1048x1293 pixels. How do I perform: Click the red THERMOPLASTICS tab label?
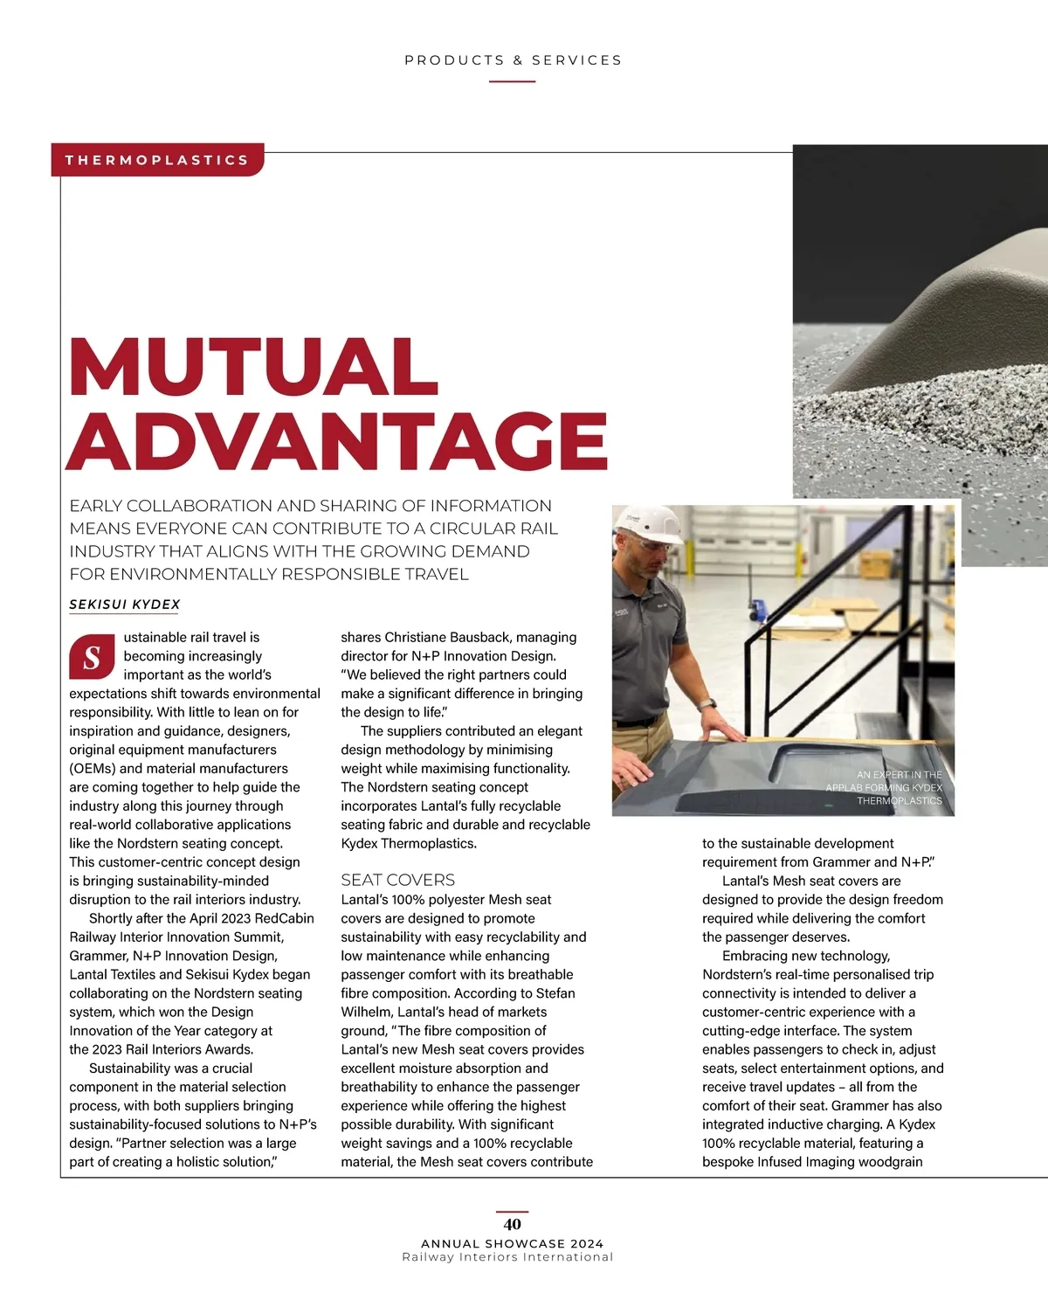coord(157,160)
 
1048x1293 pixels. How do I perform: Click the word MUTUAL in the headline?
coord(253,367)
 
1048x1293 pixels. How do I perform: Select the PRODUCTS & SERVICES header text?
coord(513,60)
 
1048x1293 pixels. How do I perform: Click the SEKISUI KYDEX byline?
coord(125,605)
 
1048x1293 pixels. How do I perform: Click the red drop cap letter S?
coord(92,658)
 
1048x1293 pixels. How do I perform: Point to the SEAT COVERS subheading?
coord(397,880)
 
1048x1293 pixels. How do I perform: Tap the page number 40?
coord(513,1224)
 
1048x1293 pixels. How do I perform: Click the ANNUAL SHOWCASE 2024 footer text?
coord(513,1243)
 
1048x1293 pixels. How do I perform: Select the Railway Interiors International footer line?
coord(507,1257)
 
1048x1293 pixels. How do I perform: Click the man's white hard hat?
coord(651,526)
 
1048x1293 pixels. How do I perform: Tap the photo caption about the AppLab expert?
coord(884,787)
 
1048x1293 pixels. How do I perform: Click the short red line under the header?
coord(512,81)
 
